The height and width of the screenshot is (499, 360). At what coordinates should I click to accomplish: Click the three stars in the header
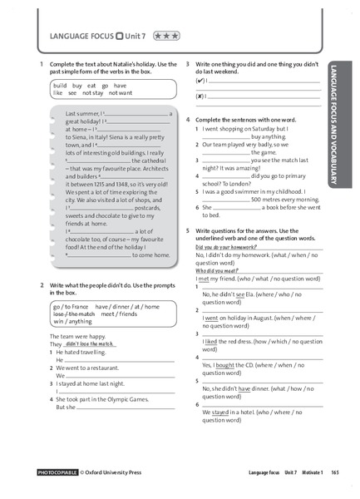click(165, 37)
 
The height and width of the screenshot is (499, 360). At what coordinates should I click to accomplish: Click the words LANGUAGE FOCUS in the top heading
click(81, 37)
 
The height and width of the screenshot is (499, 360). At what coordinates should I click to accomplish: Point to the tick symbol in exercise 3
click(200, 81)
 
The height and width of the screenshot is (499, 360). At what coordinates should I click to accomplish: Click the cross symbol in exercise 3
click(200, 96)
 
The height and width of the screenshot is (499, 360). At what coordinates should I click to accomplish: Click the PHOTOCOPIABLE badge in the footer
click(57, 472)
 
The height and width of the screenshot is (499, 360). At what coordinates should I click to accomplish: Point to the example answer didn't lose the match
click(90, 343)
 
